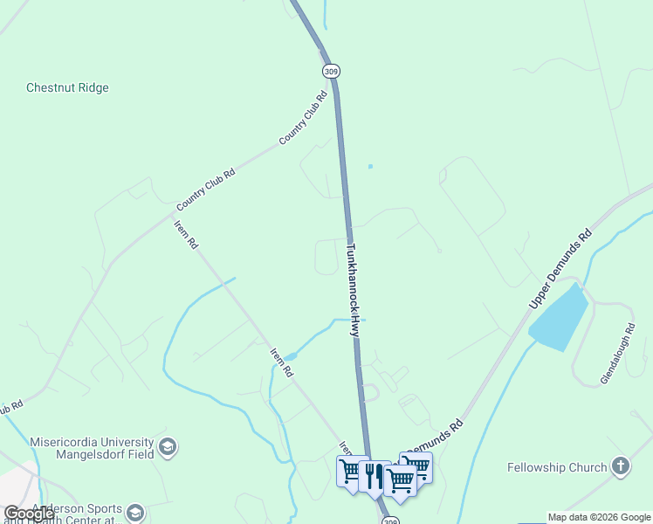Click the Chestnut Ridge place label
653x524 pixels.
(x=67, y=87)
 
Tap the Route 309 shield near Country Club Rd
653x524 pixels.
(x=330, y=70)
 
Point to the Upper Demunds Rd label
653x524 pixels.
(x=560, y=269)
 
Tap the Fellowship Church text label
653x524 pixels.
(x=557, y=467)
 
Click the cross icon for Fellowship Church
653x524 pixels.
(x=621, y=466)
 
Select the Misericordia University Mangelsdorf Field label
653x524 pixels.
(x=91, y=448)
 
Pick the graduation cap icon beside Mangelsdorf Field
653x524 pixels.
(x=168, y=449)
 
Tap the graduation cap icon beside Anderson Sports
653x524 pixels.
(x=134, y=511)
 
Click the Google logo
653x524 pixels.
(x=29, y=514)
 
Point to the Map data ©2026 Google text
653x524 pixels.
(x=599, y=517)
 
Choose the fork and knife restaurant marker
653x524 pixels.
(x=374, y=476)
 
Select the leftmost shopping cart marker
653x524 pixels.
(x=352, y=472)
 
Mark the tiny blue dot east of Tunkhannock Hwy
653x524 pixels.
(x=370, y=166)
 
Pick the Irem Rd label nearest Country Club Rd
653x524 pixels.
(x=186, y=234)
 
